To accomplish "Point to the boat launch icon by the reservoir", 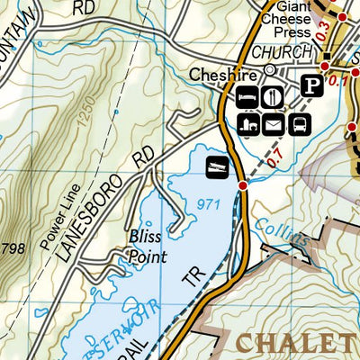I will [218, 166].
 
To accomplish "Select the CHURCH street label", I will [282, 52].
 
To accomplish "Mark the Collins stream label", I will [282, 233].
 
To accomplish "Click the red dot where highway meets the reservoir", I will [243, 185].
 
